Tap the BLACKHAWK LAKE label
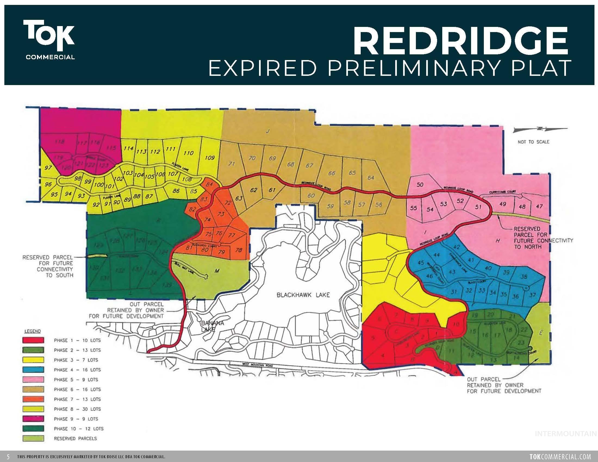click(303, 295)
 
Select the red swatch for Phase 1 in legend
click(33, 341)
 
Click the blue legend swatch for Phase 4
click(33, 370)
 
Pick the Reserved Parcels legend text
click(75, 438)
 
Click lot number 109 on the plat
click(210, 158)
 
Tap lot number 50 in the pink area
click(420, 185)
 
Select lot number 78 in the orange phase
click(238, 250)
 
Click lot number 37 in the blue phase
click(532, 295)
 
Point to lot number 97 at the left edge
click(48, 167)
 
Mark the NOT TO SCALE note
click(533, 142)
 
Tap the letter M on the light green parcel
click(217, 271)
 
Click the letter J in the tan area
click(267, 131)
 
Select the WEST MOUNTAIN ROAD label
click(257, 365)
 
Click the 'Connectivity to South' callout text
click(48, 266)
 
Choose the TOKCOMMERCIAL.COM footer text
click(560, 457)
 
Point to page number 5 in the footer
click(8, 457)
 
